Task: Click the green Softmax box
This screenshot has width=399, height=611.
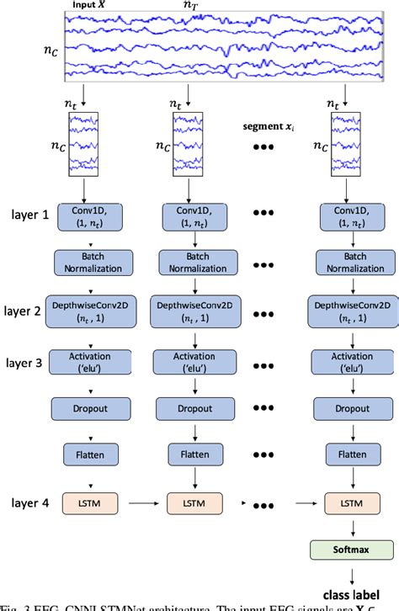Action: tap(348, 550)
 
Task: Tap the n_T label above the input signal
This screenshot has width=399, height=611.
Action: tap(193, 7)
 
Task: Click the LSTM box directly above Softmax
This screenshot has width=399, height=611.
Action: tap(348, 503)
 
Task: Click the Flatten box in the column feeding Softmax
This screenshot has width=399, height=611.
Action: tap(348, 455)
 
